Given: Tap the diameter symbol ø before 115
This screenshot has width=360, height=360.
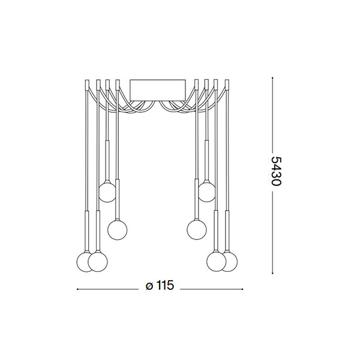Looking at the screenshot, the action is (x=149, y=286).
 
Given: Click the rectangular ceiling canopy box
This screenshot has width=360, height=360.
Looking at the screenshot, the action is (x=157, y=90).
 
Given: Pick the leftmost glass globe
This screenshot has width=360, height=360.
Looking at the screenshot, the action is (x=85, y=262).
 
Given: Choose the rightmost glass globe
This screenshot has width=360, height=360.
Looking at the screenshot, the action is (x=229, y=262).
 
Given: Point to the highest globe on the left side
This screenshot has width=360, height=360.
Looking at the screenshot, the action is (x=107, y=193).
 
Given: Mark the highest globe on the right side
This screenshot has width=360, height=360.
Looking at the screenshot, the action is (x=207, y=192).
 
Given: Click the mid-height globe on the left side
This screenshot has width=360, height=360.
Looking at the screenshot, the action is (x=118, y=230).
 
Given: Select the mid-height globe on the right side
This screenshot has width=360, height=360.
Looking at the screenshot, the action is (x=197, y=230).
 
